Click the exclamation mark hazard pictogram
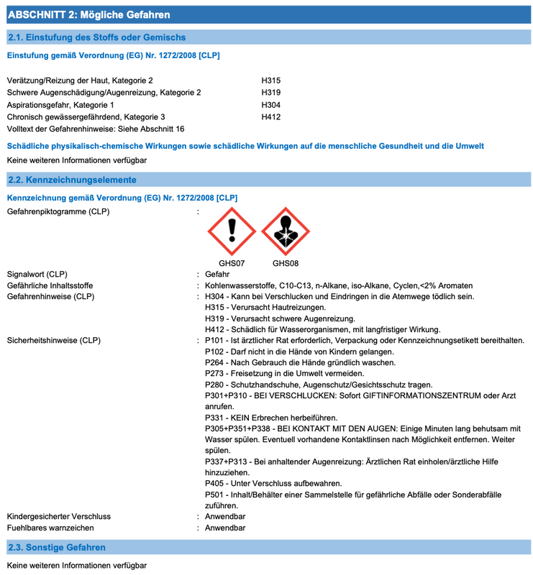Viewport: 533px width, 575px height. (x=232, y=231)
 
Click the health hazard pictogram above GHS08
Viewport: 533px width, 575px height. (x=286, y=231)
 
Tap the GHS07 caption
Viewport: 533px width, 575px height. (x=232, y=263)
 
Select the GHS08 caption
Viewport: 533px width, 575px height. (x=286, y=263)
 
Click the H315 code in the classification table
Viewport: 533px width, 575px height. (x=270, y=80)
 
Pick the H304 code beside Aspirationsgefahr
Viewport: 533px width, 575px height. (x=270, y=104)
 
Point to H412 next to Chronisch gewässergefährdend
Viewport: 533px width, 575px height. (x=270, y=116)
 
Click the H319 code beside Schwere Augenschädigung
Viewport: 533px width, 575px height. (x=270, y=93)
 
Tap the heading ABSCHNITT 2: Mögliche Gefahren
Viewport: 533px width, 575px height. (x=88, y=14)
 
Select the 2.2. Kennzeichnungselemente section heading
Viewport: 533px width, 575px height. (x=71, y=180)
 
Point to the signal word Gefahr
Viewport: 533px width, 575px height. (x=217, y=275)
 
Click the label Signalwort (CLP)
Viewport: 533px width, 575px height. (x=37, y=275)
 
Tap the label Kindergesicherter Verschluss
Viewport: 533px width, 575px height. (x=59, y=517)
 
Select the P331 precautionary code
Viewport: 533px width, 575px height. (x=215, y=418)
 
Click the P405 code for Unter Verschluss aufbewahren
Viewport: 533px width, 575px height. (x=215, y=484)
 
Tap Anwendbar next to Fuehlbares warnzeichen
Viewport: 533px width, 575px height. (x=225, y=528)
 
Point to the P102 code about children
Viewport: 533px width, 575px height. (x=215, y=351)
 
